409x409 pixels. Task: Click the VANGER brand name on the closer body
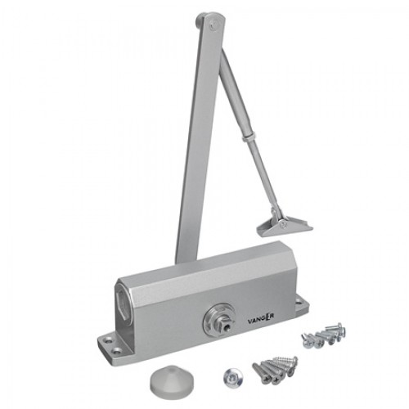coord(261,318)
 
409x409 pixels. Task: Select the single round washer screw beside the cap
coord(233,377)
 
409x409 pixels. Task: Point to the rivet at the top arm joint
coord(213,26)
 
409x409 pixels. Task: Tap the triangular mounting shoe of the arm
coord(284,226)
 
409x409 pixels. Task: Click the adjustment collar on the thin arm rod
coord(249,137)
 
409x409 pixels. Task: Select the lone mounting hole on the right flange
coord(300,302)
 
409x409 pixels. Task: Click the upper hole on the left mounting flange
coord(110,340)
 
